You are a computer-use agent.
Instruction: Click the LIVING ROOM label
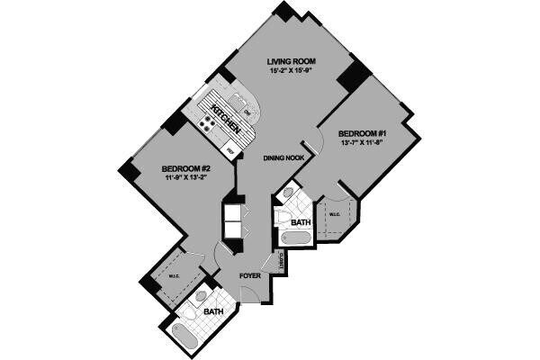(x=290, y=60)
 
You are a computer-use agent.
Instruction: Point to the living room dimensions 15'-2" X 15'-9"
(x=290, y=71)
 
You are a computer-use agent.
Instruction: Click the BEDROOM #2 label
(x=186, y=167)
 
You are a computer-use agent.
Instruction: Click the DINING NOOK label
(x=282, y=158)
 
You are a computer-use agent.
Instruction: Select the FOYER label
(x=249, y=276)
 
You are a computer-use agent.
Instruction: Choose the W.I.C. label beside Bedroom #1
(x=333, y=213)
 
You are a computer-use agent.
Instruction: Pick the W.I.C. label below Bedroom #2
(x=174, y=276)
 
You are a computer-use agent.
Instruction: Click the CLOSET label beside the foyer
(x=283, y=262)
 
